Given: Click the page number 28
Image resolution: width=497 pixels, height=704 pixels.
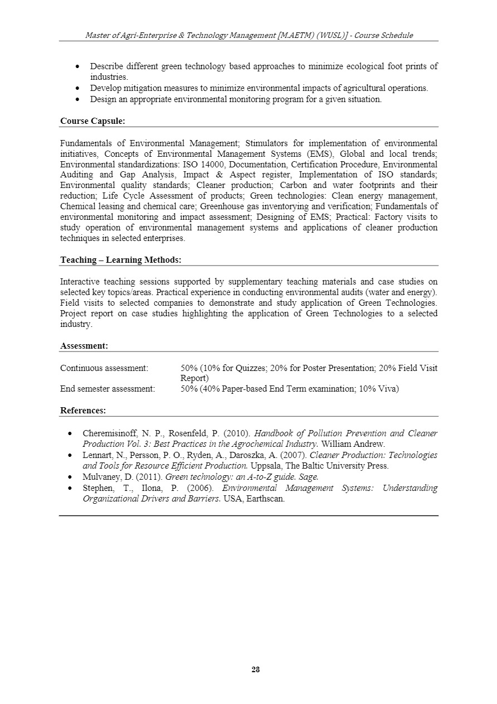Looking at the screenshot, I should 256,669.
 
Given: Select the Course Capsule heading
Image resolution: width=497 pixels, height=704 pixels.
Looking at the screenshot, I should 92,120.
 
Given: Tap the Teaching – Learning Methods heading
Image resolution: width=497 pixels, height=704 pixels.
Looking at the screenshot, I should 120,260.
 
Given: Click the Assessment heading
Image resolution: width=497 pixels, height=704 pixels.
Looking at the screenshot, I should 84,346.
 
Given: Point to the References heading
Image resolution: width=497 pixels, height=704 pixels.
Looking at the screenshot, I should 83,411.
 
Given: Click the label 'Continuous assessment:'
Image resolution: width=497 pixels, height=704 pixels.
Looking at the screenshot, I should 104,368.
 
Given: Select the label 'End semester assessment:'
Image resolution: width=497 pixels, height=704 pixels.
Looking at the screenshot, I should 108,389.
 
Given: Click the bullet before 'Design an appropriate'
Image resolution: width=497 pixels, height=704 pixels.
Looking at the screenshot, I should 79,99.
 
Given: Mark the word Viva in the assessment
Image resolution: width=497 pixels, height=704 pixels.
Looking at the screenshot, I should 388,389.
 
